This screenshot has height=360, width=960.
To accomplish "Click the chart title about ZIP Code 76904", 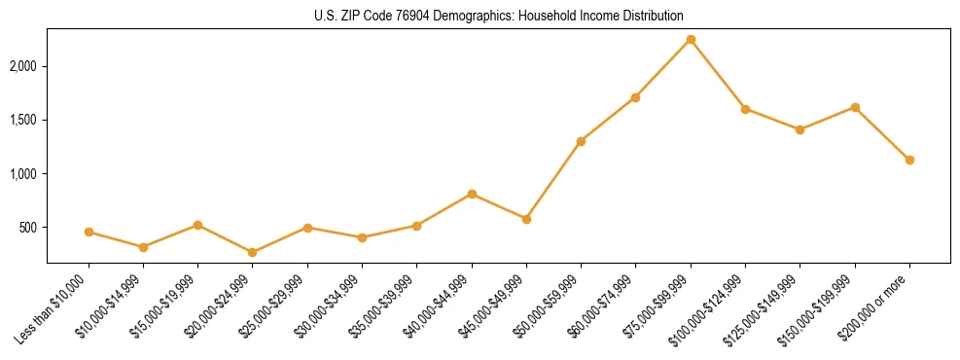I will pyautogui.click(x=498, y=16).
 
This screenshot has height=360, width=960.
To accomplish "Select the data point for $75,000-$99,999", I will pyautogui.click(x=691, y=39).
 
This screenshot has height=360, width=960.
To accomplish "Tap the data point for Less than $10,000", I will pyautogui.click(x=89, y=232).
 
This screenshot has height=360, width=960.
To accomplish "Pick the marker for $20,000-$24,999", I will pyautogui.click(x=253, y=252).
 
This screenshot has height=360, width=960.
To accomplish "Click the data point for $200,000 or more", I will pyautogui.click(x=909, y=160).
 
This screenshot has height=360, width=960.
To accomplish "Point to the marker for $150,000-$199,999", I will pyautogui.click(x=855, y=107).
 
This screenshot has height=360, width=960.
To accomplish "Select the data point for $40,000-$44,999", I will pyautogui.click(x=472, y=194).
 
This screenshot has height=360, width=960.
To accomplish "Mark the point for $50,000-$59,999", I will pyautogui.click(x=581, y=141).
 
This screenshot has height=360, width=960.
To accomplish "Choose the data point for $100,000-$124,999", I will pyautogui.click(x=745, y=109).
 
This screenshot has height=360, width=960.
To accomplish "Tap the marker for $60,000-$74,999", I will pyautogui.click(x=635, y=97).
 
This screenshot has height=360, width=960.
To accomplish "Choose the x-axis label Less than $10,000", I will pyautogui.click(x=54, y=308).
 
